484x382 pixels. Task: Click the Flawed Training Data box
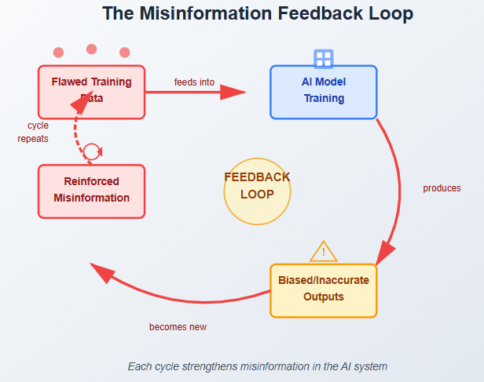point(91,91)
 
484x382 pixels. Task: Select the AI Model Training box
point(323,91)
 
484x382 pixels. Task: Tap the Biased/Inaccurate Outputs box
point(323,289)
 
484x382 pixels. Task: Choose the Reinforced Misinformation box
point(91,191)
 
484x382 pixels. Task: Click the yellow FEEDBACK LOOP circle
point(257,191)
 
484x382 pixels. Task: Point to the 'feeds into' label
point(194,82)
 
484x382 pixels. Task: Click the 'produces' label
point(442,188)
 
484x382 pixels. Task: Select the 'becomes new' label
point(178,327)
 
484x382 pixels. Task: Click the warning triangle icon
point(323,252)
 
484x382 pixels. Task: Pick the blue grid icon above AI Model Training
point(323,59)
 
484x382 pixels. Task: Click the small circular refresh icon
point(92,151)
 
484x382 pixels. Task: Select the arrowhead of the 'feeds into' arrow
point(233,92)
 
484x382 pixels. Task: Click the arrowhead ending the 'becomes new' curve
point(101,272)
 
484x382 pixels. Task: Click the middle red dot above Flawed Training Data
point(91,49)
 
